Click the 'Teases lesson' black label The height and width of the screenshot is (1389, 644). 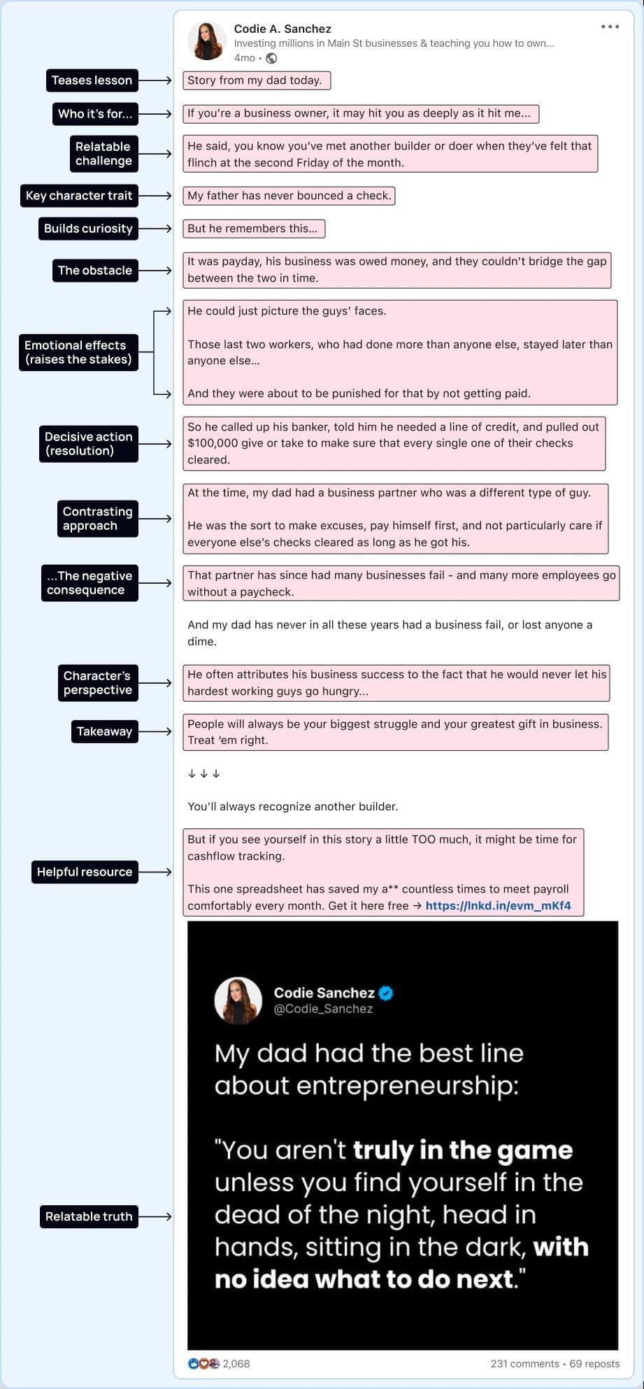pos(92,80)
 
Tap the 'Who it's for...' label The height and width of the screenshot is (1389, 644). pos(95,114)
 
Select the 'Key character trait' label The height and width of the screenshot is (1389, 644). pos(79,196)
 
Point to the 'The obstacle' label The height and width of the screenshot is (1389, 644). pos(95,271)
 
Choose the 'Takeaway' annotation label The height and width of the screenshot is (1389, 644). pos(104,731)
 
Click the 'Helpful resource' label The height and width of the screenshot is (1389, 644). pos(85,872)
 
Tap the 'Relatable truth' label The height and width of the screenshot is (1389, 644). pos(89,1216)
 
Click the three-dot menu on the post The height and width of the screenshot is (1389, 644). pos(610,27)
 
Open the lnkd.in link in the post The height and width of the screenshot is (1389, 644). pos(498,905)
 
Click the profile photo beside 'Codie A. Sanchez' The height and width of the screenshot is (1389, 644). pos(207,41)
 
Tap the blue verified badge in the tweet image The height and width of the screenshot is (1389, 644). pos(386,993)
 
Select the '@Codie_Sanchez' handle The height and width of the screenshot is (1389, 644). pos(323,1009)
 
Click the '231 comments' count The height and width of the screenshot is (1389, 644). pos(524,1363)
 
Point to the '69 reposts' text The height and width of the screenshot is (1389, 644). pos(594,1363)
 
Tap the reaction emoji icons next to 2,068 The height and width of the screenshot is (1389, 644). pos(203,1363)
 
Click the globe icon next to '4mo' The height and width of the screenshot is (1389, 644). pos(271,58)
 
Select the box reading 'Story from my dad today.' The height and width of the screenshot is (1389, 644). pos(256,80)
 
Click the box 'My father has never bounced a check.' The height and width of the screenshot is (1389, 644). pos(289,196)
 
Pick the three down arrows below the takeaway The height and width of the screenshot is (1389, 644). pos(204,773)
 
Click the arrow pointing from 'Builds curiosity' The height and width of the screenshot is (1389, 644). pos(155,229)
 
